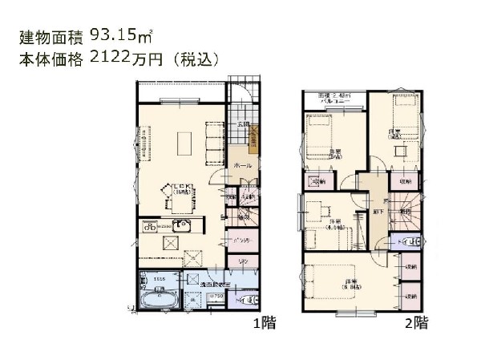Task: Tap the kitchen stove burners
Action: point(152,227)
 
